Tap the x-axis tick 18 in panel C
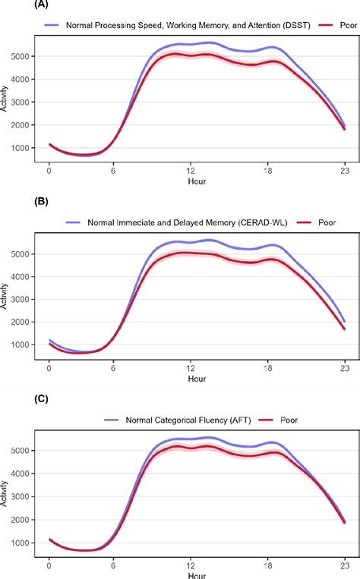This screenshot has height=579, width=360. [x=269, y=565]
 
